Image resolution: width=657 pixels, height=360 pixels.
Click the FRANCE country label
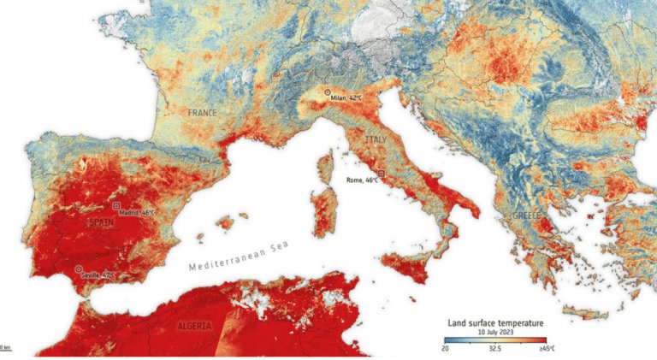click(x=203, y=113)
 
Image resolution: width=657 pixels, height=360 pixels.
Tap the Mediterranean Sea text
click(x=240, y=255)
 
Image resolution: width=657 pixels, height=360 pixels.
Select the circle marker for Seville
click(x=80, y=269)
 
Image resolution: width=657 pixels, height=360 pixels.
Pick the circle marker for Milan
click(x=327, y=91)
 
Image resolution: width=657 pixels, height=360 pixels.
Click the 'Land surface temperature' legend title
click(x=496, y=323)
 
